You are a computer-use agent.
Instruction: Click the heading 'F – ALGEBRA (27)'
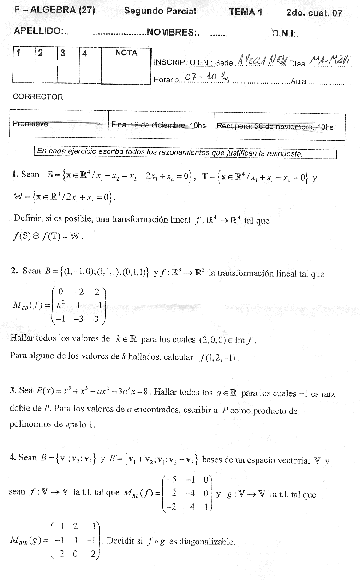tap(55, 11)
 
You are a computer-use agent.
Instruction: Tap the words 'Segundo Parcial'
tap(160, 12)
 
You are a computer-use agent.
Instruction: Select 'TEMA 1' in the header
tap(246, 12)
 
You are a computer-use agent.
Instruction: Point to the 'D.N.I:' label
tap(285, 33)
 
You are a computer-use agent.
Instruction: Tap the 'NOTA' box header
tap(126, 53)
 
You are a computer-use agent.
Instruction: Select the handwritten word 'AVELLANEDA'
tap(261, 60)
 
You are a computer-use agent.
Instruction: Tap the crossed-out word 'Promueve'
tap(30, 124)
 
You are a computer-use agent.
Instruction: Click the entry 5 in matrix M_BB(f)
tap(174, 478)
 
